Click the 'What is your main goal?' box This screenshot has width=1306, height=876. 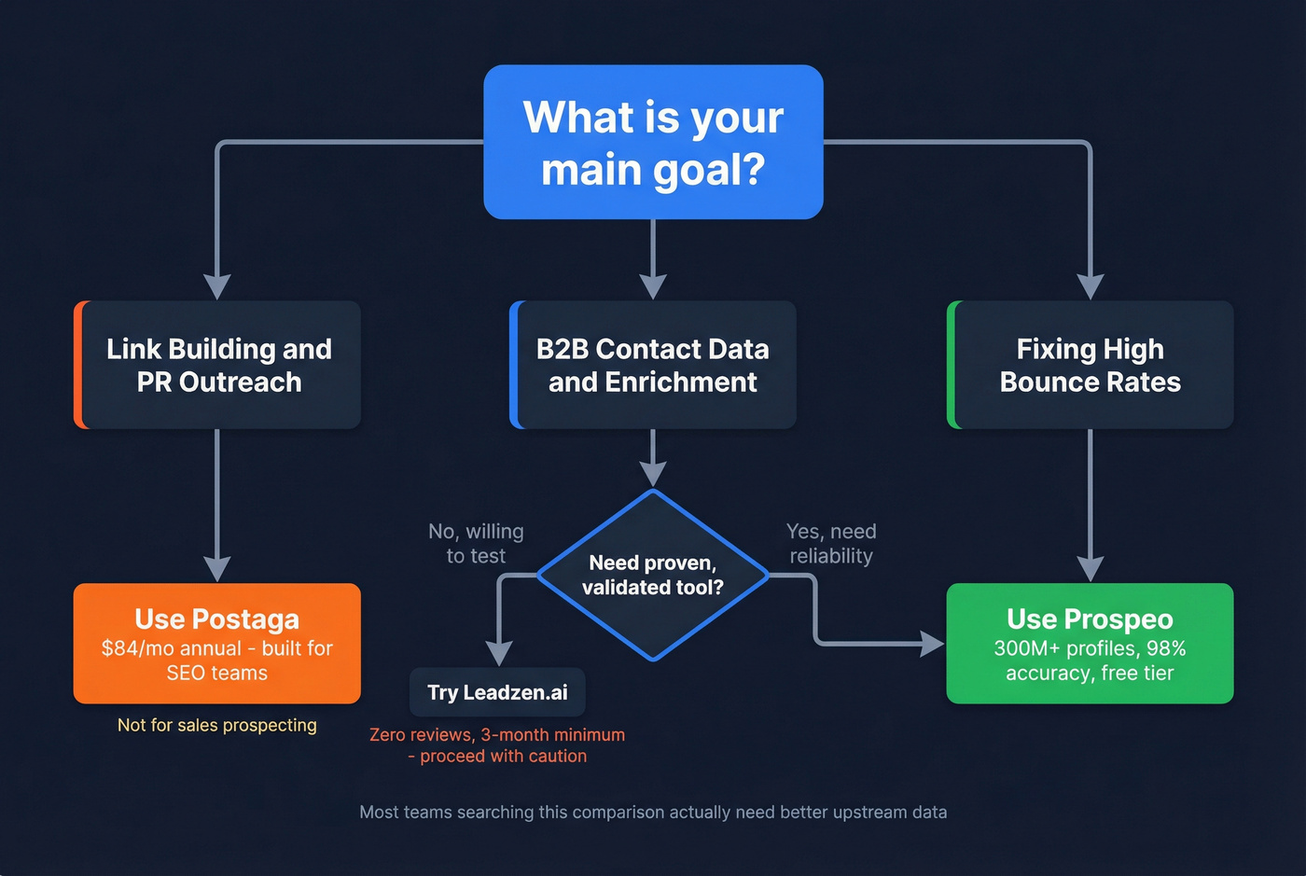653,142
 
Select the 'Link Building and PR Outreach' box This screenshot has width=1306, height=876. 217,365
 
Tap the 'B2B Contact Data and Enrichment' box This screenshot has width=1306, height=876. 653,365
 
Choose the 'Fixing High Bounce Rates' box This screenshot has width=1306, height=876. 1090,365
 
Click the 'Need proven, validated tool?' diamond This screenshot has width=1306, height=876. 653,575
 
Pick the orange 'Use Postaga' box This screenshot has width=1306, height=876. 217,643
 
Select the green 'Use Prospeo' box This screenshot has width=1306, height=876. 1090,643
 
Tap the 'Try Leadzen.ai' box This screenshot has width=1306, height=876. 497,692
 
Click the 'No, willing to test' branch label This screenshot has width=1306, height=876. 476,543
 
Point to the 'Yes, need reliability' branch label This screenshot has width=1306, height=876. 831,543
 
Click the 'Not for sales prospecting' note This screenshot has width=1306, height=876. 217,725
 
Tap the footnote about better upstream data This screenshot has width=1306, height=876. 653,812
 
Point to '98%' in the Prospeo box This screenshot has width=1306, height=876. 1166,648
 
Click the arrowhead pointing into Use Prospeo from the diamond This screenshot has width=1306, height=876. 932,644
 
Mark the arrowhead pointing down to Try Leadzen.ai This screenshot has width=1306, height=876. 500,653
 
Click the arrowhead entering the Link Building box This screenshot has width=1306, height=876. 217,287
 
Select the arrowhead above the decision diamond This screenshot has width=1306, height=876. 653,474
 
